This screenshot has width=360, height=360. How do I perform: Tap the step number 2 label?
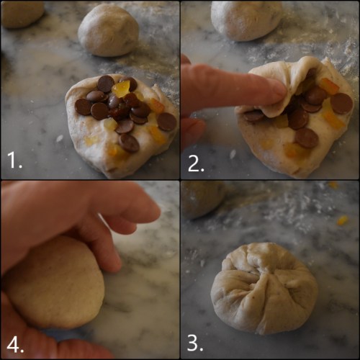pos(197,163)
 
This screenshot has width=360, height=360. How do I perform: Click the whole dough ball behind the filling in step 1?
pos(108,30)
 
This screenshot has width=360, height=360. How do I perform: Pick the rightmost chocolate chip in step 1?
pos(166,122)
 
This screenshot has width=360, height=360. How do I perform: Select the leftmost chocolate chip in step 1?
pos(84,107)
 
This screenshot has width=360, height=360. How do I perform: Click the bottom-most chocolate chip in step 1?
pos(130,143)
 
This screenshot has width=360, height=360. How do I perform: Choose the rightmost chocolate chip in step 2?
pos(341,103)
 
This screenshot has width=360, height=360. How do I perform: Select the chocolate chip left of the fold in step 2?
pos(253,114)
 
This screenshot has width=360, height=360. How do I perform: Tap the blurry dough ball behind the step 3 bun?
pos(202,199)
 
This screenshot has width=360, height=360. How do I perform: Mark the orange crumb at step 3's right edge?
pos(342,220)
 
